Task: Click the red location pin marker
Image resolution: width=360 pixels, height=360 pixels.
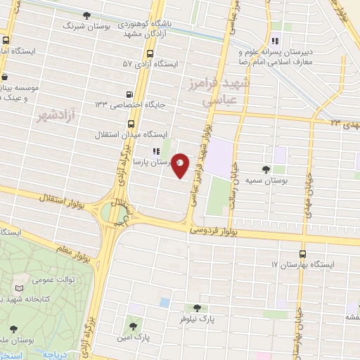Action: coord(181,165)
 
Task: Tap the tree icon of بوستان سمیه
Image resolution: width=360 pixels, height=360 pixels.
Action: coord(266,169)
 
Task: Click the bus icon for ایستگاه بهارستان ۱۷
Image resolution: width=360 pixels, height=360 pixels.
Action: coord(302,254)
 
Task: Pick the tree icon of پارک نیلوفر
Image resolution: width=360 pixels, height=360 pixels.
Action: coord(196,307)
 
